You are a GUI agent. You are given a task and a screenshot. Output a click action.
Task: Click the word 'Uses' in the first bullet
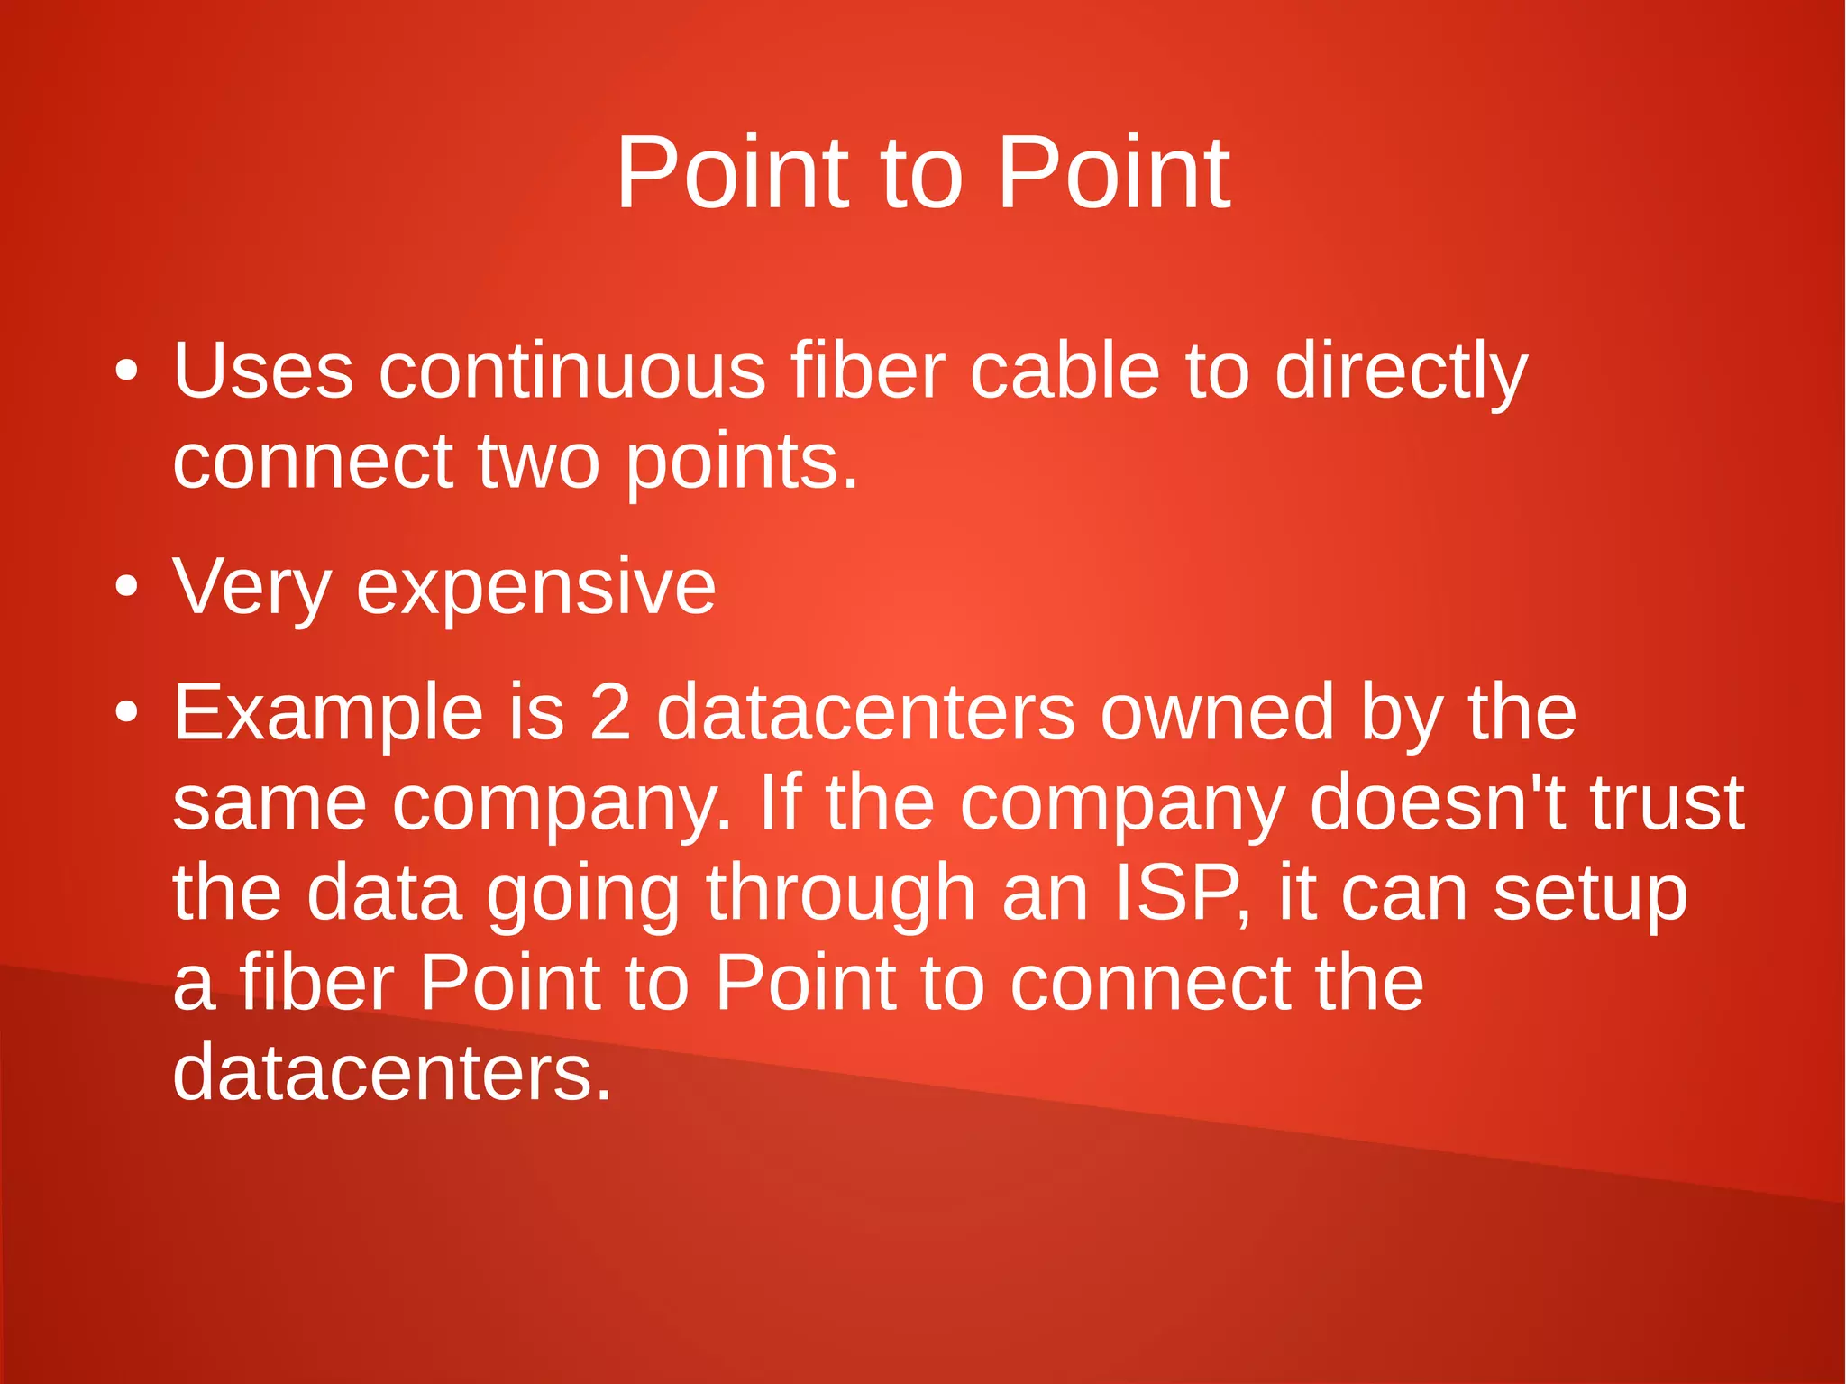pos(262,371)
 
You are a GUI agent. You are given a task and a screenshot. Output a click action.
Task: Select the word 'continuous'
pos(571,371)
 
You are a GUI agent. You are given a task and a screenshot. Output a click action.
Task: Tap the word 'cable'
pos(1064,371)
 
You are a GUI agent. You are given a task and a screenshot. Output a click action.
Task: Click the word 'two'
pos(538,461)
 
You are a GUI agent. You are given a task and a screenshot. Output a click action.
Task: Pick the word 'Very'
pos(251,588)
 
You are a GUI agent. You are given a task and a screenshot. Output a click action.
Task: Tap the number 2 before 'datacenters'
pos(610,712)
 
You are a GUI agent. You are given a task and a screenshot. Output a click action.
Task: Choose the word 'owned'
pos(1216,712)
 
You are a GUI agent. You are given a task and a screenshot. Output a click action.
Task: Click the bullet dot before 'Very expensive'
pos(127,588)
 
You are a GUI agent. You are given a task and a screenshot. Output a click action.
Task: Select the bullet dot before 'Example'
pos(127,712)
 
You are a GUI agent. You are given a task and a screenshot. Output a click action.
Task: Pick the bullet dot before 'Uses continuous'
pos(127,371)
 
